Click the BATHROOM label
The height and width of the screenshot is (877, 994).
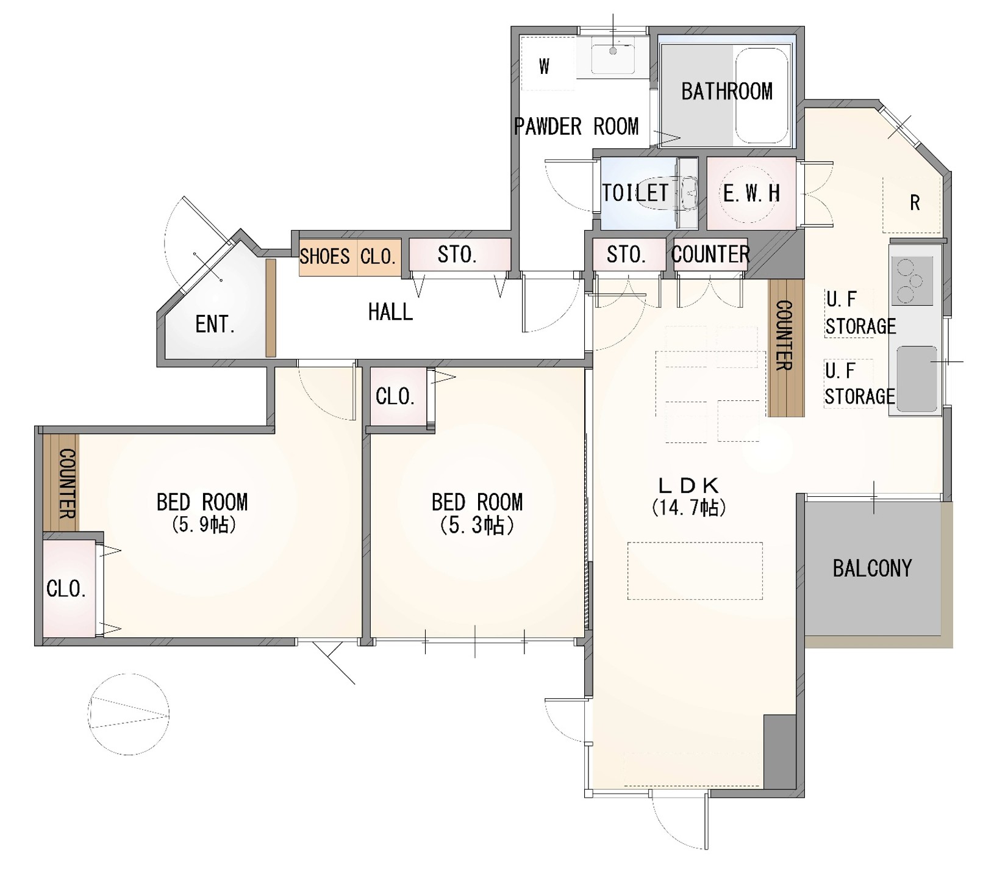[726, 92]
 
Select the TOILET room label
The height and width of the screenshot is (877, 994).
[635, 193]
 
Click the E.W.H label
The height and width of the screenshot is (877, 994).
[751, 193]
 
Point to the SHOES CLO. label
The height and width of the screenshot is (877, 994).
[348, 256]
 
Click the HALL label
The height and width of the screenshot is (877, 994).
[390, 312]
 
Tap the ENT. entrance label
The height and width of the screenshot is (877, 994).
[215, 324]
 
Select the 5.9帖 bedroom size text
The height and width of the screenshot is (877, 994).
[204, 525]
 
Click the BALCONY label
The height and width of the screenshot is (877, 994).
[872, 569]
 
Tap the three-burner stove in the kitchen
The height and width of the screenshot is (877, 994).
[912, 281]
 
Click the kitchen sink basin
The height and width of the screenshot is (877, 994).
[917, 378]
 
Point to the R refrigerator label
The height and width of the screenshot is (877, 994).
[915, 203]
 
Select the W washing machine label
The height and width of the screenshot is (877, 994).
[544, 66]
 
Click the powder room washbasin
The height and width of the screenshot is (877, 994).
[613, 56]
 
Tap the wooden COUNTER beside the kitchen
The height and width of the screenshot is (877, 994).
[785, 348]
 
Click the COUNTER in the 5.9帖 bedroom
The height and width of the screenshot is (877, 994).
[62, 483]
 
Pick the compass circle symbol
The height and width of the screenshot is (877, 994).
[129, 714]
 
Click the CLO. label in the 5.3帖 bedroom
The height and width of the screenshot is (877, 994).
[395, 397]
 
